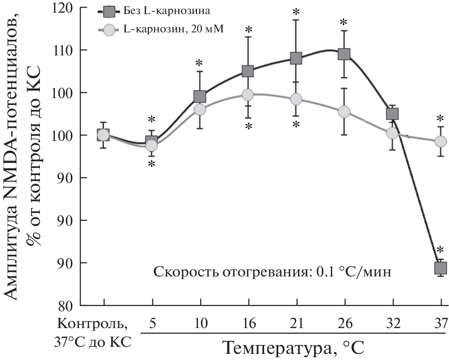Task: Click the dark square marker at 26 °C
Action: [x=344, y=54]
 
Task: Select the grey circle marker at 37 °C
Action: [x=440, y=141]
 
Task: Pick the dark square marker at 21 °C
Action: [x=296, y=58]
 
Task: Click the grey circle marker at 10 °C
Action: [x=199, y=109]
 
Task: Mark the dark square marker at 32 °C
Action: [x=392, y=114]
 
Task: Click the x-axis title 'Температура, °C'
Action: [x=293, y=348]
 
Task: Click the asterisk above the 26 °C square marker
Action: [x=344, y=22]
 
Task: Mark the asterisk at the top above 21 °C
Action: [x=296, y=11]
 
